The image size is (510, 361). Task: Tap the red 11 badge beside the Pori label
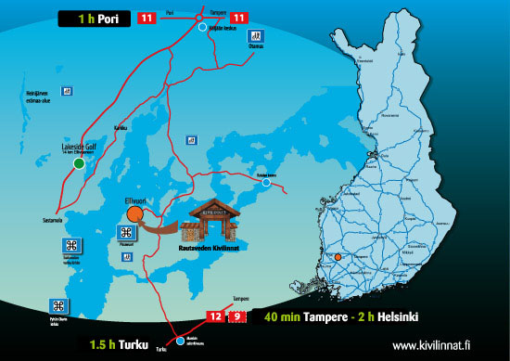pyautogui.click(x=147, y=18)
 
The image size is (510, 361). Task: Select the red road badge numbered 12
pyautogui.click(x=215, y=316)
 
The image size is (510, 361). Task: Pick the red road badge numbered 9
pyautogui.click(x=238, y=316)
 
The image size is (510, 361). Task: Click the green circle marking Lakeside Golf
pyautogui.click(x=79, y=163)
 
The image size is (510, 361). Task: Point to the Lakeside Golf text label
pyautogui.click(x=78, y=146)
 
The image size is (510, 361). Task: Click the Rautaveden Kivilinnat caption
pyautogui.click(x=211, y=249)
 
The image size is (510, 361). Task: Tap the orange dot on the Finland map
pyautogui.click(x=339, y=256)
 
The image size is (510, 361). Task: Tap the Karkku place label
pyautogui.click(x=119, y=128)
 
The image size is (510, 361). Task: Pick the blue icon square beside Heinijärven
pyautogui.click(x=67, y=91)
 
